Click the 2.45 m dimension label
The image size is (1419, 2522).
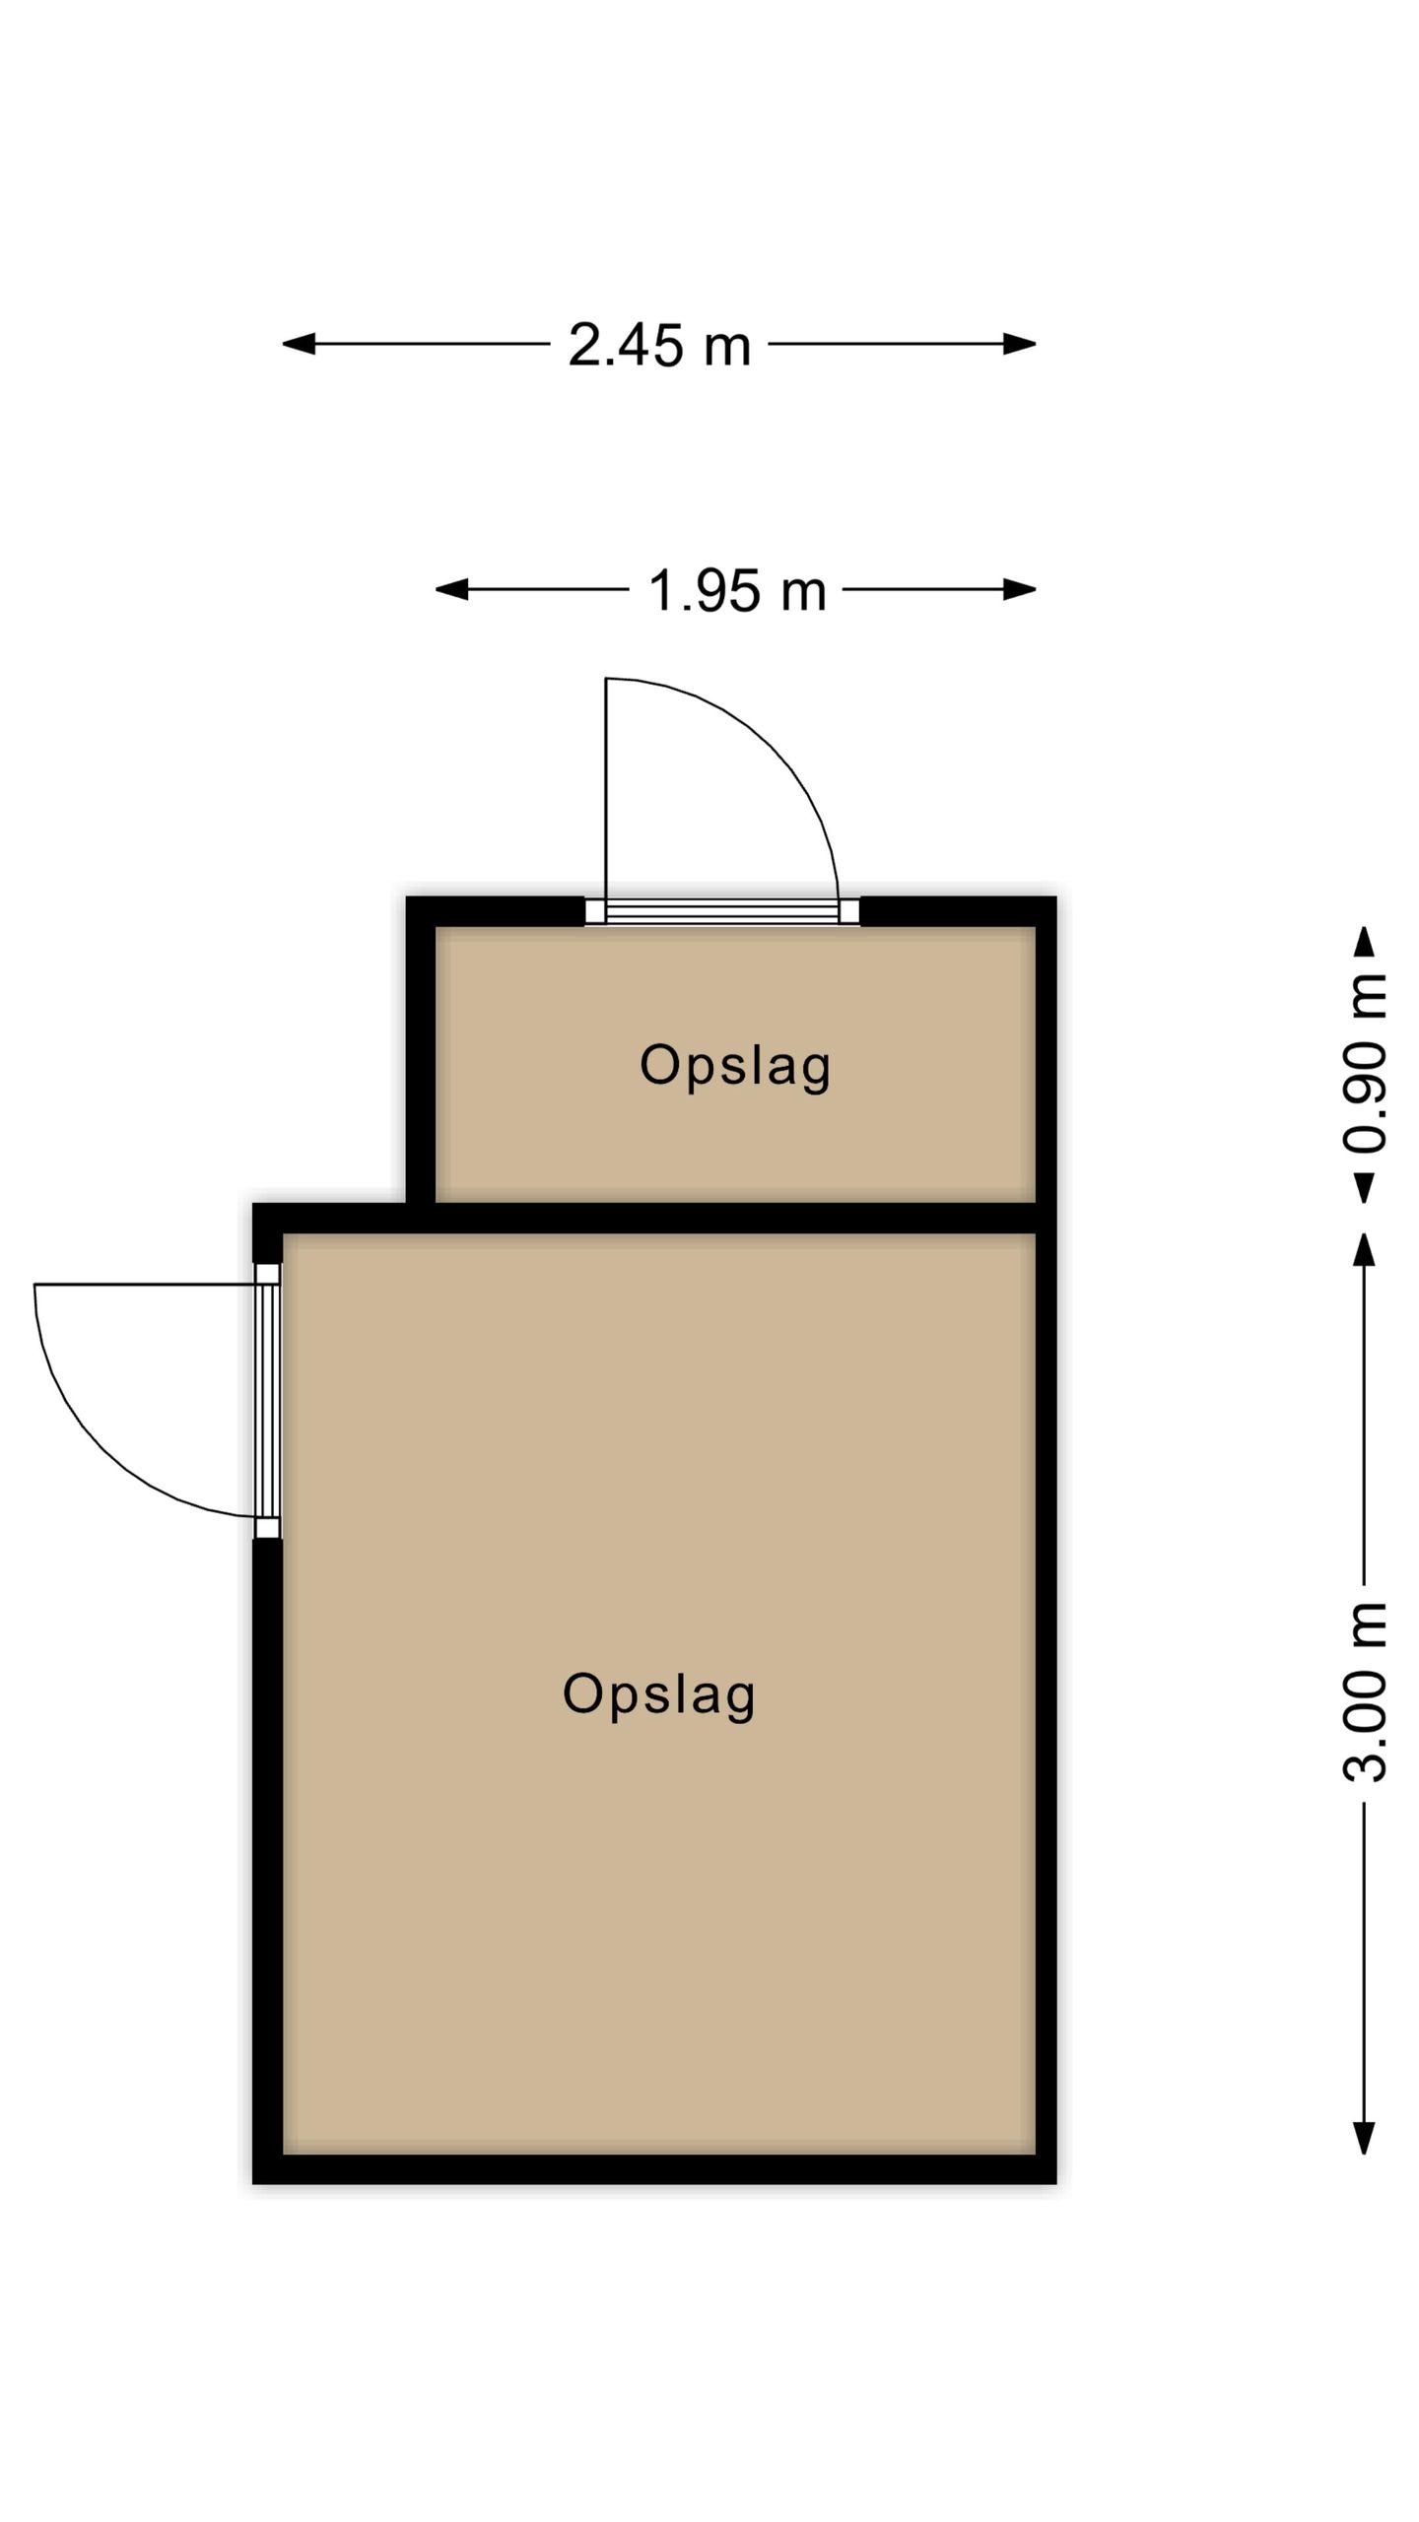click(x=659, y=346)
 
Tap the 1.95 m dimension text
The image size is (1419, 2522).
click(x=736, y=591)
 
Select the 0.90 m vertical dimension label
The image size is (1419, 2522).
click(x=1365, y=1064)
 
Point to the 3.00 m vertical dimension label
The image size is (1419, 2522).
click(x=1365, y=1692)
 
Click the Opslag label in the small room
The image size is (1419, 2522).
click(x=735, y=1066)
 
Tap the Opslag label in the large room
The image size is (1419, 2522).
click(x=658, y=1694)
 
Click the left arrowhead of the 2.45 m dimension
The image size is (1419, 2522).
click(x=299, y=344)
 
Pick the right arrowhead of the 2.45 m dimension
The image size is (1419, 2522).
click(x=1020, y=344)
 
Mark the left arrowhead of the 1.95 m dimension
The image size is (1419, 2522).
click(x=452, y=590)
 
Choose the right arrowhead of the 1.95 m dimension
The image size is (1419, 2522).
click(x=1020, y=590)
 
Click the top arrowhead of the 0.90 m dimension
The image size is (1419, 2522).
click(x=1364, y=942)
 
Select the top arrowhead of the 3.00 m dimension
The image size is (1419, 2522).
click(x=1364, y=1249)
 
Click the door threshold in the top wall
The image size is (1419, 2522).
click(x=722, y=911)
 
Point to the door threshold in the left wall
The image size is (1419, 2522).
click(x=268, y=1401)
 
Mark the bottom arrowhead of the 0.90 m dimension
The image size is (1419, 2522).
click(x=1364, y=1187)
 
